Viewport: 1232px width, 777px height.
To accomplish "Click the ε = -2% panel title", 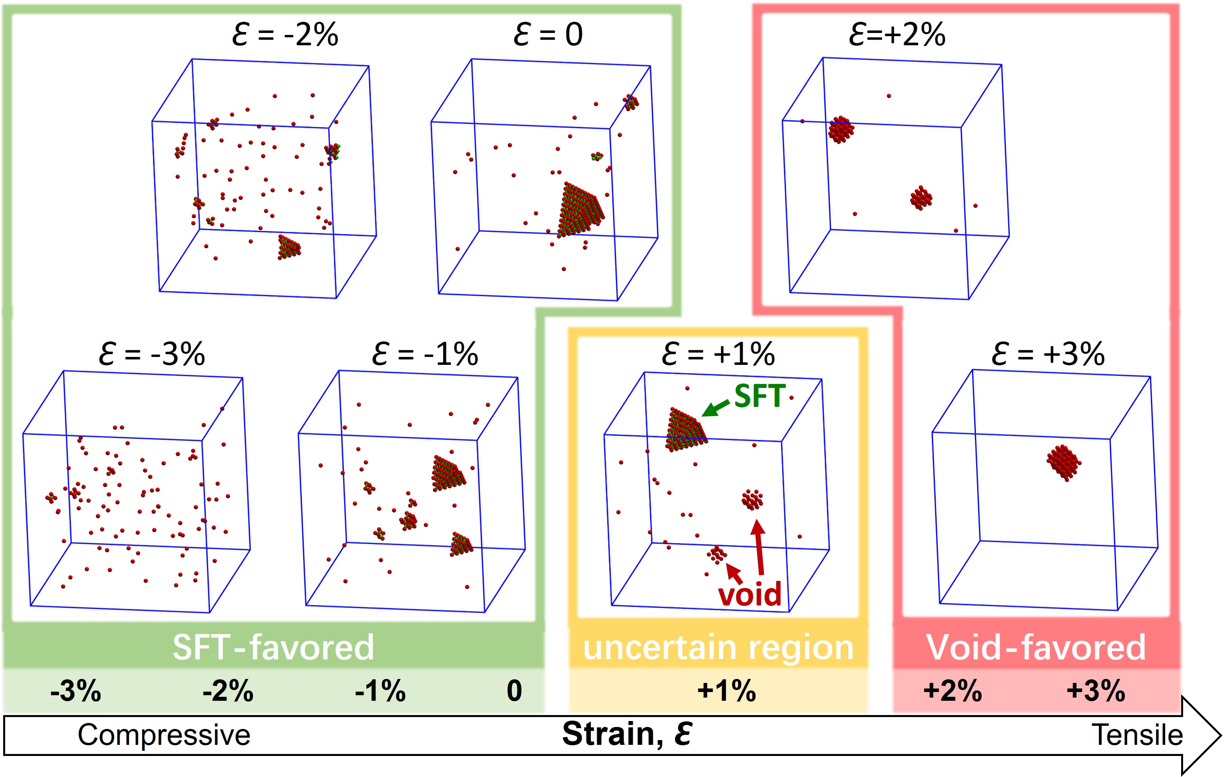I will [285, 35].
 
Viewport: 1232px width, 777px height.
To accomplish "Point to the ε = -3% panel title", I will [151, 354].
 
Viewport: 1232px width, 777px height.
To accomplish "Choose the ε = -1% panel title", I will [425, 354].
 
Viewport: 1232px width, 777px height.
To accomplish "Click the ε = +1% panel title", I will [718, 354].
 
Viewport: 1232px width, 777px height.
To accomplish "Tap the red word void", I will [750, 594].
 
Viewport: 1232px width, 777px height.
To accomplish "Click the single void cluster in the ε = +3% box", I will [1063, 462].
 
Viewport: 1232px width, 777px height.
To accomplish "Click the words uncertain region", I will [718, 648].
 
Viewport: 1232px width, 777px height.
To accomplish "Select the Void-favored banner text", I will [1036, 647].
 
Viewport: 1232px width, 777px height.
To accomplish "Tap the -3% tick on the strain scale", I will [76, 691].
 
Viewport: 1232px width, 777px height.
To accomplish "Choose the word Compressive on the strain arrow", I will [164, 735].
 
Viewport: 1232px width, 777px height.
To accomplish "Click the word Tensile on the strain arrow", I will [1137, 735].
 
